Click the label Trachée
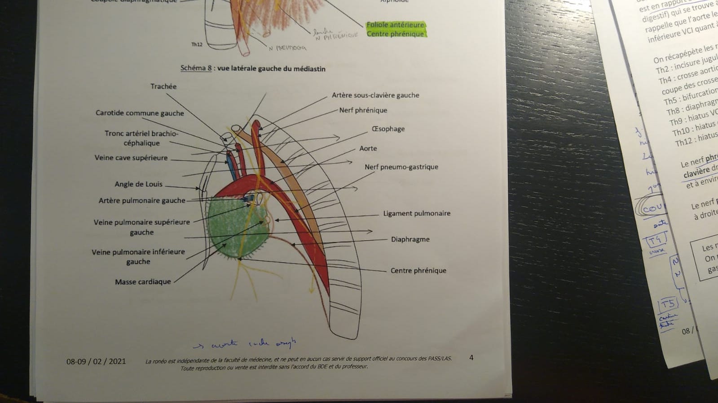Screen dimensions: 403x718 (163, 87)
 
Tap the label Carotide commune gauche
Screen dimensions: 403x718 (140, 113)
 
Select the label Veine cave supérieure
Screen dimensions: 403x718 (131, 158)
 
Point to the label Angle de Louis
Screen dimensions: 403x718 (138, 184)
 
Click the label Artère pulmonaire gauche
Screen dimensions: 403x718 (142, 200)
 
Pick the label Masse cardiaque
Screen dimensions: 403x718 (143, 282)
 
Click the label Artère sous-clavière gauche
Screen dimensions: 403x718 (375, 95)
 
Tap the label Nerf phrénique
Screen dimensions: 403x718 (363, 110)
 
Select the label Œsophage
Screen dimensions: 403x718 (388, 129)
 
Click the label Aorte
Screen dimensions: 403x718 (368, 148)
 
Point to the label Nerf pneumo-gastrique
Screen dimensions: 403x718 (401, 167)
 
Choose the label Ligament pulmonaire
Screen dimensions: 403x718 (417, 213)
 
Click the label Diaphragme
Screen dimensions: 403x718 (410, 239)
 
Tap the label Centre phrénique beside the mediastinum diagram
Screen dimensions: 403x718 (418, 271)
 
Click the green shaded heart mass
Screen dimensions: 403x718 (233, 229)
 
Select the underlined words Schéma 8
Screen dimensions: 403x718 (196, 68)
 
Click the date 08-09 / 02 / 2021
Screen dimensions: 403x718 (96, 361)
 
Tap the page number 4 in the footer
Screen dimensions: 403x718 (471, 358)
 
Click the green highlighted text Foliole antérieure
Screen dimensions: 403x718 (395, 25)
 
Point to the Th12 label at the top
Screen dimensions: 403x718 (197, 44)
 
